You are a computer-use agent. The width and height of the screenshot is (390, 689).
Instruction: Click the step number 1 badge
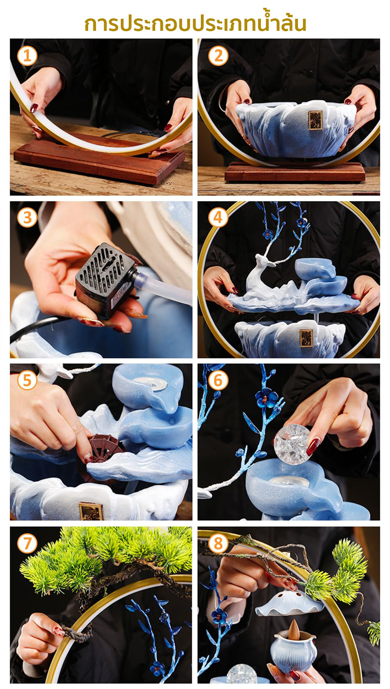(x=27, y=55)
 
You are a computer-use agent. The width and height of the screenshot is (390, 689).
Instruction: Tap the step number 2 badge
(x=218, y=55)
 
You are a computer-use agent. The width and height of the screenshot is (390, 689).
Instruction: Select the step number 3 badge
(x=27, y=217)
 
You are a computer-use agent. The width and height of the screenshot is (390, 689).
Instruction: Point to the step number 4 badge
(x=218, y=217)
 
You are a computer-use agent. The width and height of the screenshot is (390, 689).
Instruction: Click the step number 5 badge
(x=27, y=380)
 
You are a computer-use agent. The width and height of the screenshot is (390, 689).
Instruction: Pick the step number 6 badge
(x=218, y=380)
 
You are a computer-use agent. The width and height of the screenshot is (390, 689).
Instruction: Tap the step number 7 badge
(x=27, y=543)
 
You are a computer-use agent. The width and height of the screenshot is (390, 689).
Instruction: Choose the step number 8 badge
(x=218, y=543)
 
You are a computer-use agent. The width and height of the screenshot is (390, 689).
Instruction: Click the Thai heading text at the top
(x=195, y=23)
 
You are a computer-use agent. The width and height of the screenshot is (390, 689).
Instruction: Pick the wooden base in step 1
(x=99, y=158)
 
